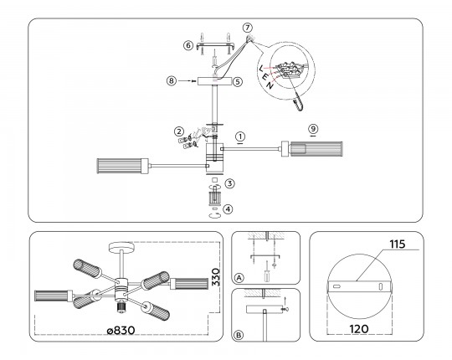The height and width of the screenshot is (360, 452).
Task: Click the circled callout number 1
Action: point(240,136)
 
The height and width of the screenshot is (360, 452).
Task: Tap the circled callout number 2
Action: point(179,131)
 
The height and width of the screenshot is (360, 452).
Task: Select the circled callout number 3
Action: point(229,183)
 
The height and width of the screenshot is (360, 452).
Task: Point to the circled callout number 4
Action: point(228,209)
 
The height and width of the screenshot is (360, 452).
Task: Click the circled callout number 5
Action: point(238,81)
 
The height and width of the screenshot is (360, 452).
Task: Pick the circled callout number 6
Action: point(188,45)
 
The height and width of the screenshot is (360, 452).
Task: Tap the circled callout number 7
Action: point(247,28)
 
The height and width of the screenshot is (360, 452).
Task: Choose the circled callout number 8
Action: point(172,81)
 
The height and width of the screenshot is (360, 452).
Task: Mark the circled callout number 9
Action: point(313,129)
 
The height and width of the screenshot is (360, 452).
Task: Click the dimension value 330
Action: point(216,277)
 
